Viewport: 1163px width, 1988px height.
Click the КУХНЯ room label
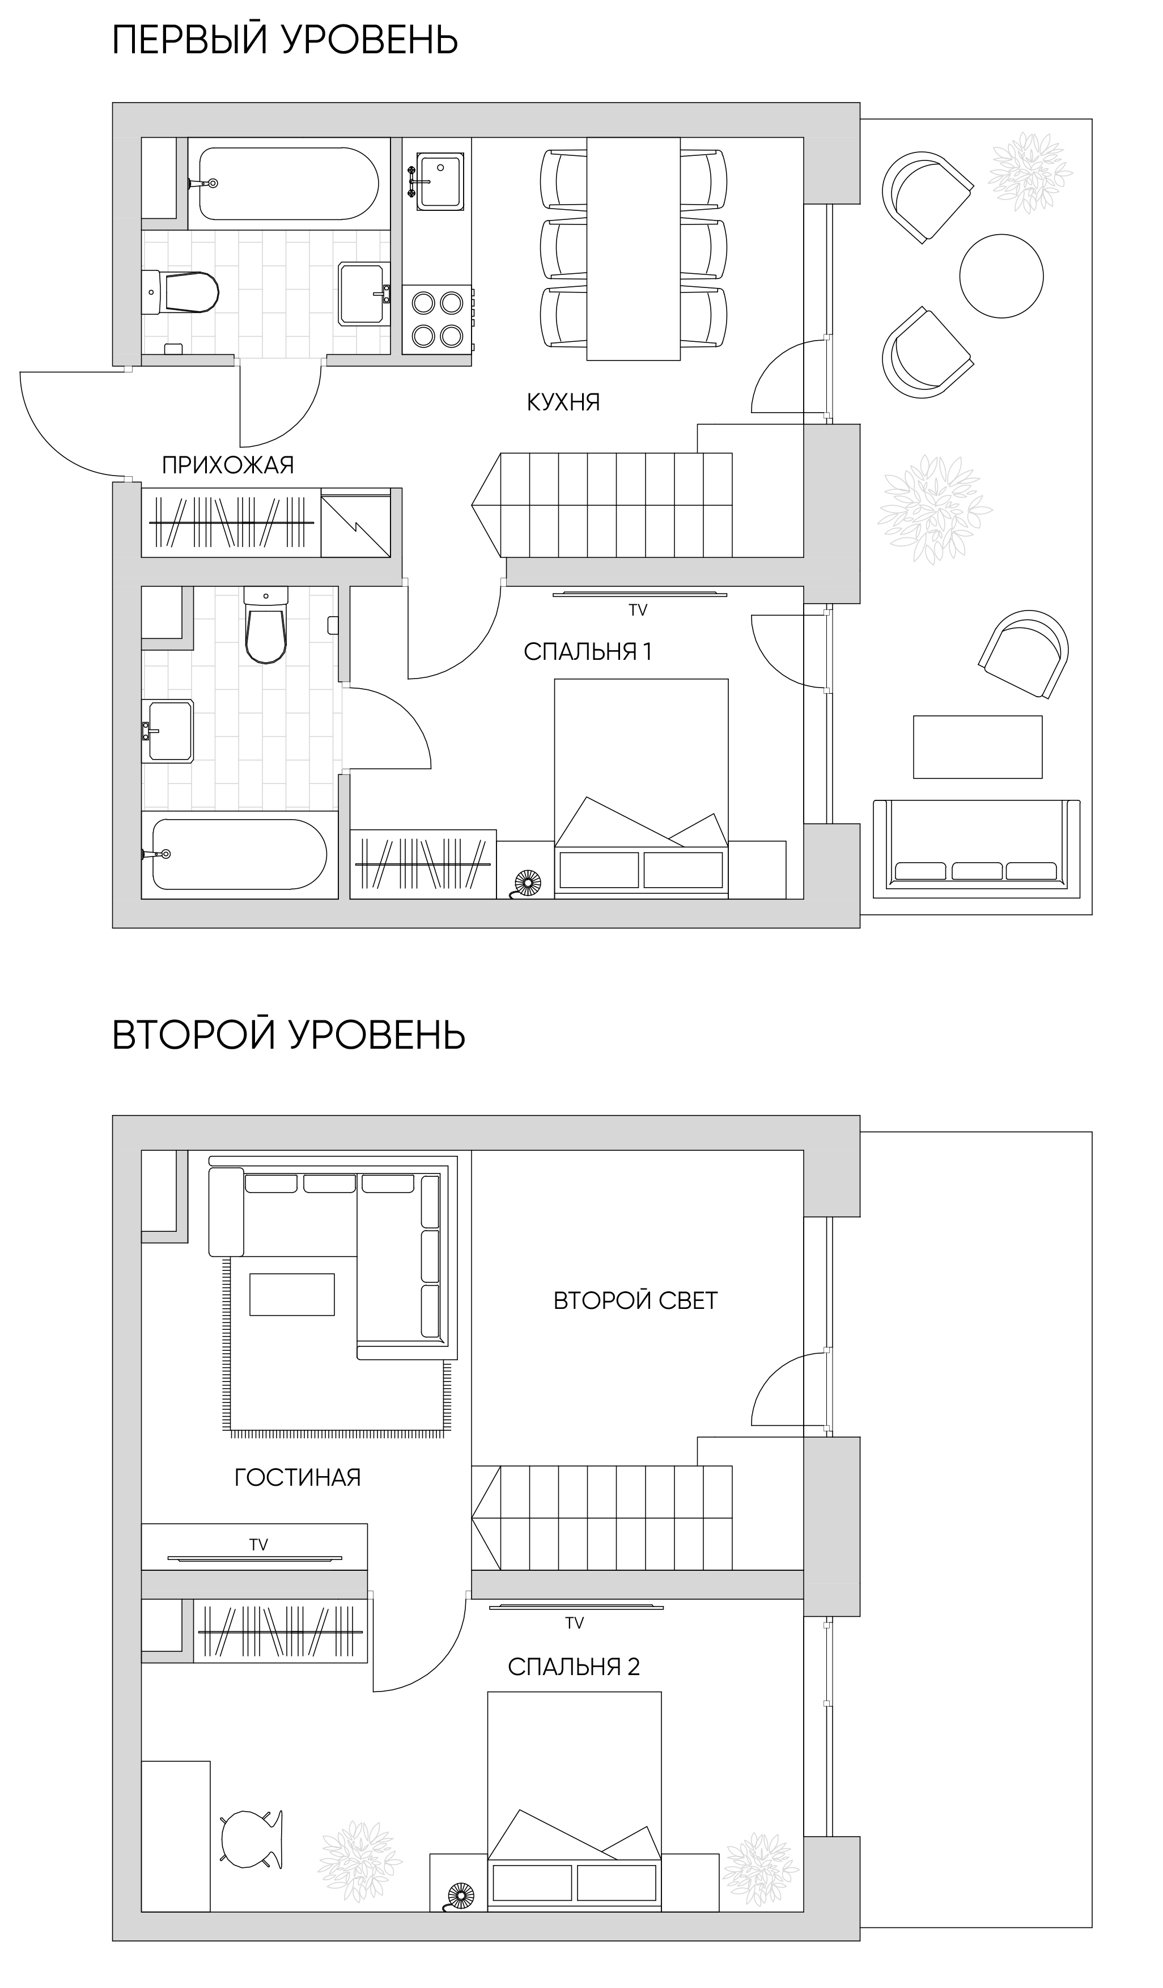[x=563, y=402]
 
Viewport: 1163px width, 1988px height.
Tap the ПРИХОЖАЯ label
[x=228, y=465]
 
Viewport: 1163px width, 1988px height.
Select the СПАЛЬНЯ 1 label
[x=588, y=652]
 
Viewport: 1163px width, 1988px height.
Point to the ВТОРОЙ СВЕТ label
[x=635, y=1301]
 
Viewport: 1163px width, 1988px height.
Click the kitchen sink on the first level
[x=441, y=181]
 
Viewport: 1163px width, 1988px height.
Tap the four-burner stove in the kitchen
[x=437, y=320]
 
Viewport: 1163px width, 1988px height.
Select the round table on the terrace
[x=1001, y=276]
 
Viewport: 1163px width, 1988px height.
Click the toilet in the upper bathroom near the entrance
[x=181, y=292]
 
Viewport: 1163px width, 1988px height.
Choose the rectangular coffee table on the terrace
[x=978, y=747]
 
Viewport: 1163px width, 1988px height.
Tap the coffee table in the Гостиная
[x=292, y=1295]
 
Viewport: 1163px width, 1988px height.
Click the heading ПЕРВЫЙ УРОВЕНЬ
[x=285, y=40]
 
